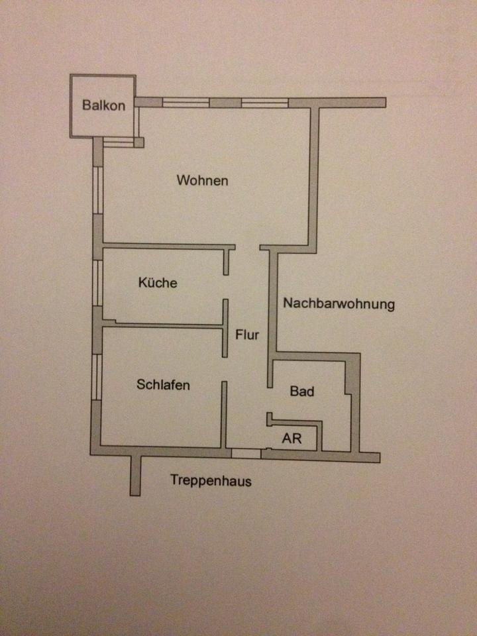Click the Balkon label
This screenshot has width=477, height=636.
103,105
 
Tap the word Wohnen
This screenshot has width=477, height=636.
203,180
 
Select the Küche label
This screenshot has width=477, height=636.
158,282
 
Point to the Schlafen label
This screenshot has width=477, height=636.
163,384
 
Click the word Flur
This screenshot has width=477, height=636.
247,335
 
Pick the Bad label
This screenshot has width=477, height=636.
302,391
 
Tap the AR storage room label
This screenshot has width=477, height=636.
291,438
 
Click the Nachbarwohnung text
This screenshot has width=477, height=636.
339,303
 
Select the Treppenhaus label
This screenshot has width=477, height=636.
211,480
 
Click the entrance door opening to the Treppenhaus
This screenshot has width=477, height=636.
246,453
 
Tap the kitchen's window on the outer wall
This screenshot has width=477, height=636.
97,283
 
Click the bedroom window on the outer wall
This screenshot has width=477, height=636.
96,377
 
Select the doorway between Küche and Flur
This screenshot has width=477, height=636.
225,287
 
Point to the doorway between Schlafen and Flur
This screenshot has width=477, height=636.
225,369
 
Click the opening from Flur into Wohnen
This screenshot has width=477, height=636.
247,247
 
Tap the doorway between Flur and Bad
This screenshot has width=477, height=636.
270,400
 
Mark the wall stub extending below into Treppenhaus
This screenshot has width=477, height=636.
135,476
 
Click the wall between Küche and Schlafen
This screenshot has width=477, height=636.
162,325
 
